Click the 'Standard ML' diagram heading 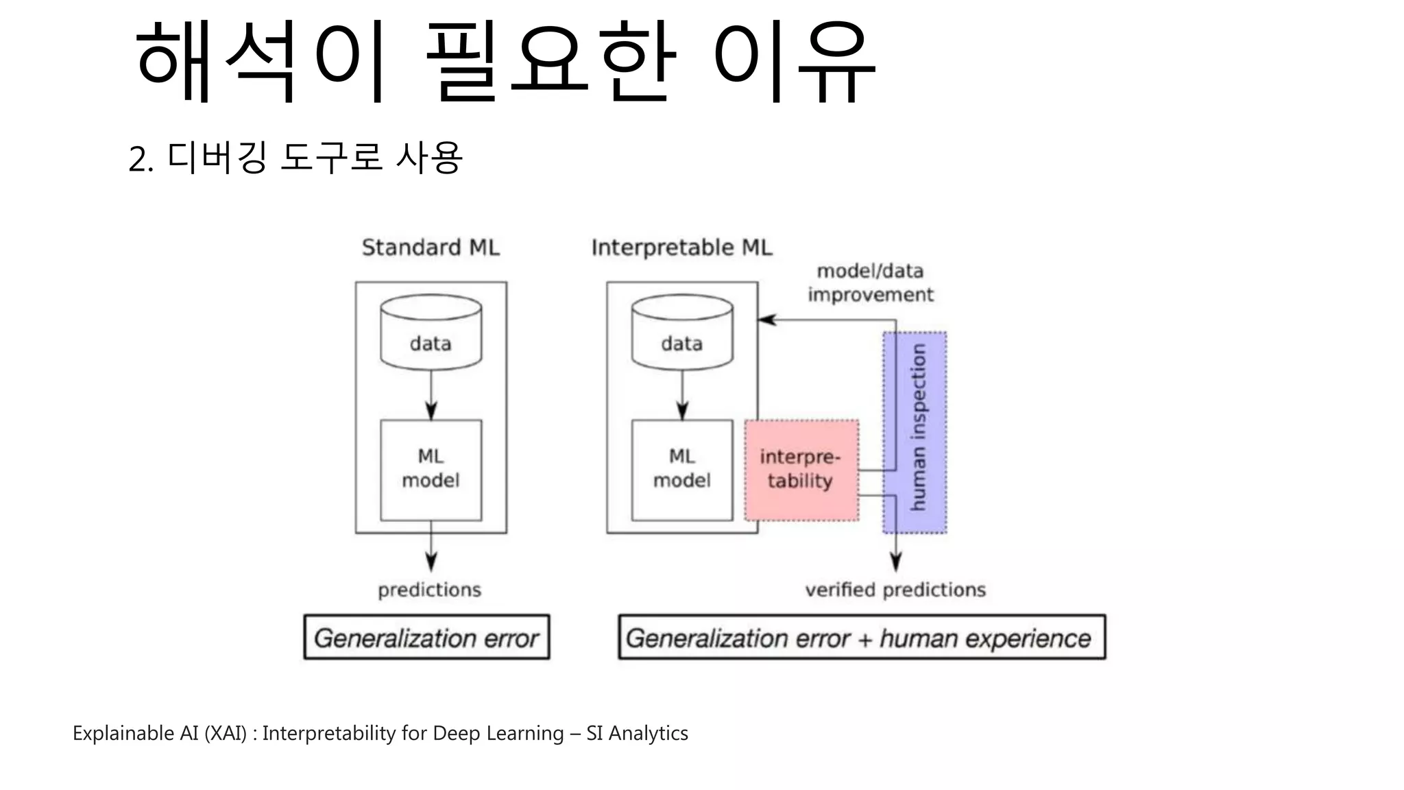431,248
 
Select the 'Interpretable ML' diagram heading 681,248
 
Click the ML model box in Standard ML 431,470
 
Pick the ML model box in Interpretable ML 682,470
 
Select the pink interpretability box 801,470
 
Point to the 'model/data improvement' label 870,283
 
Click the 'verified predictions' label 895,590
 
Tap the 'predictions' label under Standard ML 430,590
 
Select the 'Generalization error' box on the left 426,638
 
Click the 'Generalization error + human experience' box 861,638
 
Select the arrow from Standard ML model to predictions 431,549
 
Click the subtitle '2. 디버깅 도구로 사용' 295,158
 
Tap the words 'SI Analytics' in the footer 637,733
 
